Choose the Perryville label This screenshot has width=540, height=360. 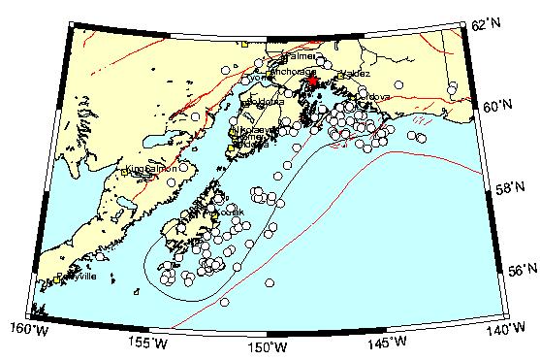click(77, 277)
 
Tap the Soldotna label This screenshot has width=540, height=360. click(264, 101)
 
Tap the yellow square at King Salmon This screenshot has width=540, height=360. click(127, 171)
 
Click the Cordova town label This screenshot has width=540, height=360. click(373, 96)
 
